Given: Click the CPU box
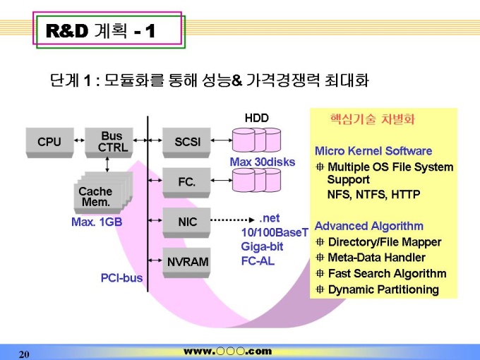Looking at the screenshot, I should click(x=49, y=142).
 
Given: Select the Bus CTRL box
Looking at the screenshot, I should click(x=112, y=142).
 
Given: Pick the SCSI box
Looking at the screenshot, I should click(x=187, y=142).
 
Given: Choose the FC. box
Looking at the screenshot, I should click(x=187, y=182).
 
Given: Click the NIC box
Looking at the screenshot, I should click(x=187, y=222).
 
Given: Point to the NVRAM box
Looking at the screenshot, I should click(x=187, y=262).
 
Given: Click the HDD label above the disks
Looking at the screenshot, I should click(x=256, y=118).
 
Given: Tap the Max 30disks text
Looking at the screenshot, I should click(x=262, y=162).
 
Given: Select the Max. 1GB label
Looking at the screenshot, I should click(x=97, y=222).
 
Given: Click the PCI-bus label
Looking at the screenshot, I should click(x=121, y=278).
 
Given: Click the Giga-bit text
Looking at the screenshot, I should click(x=262, y=246).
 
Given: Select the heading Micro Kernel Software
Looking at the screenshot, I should click(x=373, y=151).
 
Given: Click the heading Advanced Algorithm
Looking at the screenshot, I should click(x=368, y=226).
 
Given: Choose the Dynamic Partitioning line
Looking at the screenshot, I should click(x=383, y=289).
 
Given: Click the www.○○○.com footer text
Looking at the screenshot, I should click(x=227, y=351).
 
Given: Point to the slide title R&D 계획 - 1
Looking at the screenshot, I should click(x=100, y=31).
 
